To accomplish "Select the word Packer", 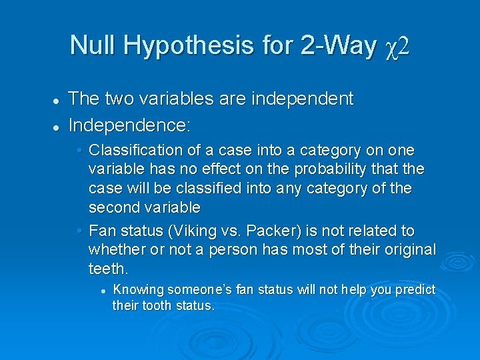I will tap(267, 231).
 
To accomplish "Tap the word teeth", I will tap(108, 268).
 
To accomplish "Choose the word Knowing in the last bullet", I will tap(139, 289).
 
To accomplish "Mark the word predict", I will tap(415, 289).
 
